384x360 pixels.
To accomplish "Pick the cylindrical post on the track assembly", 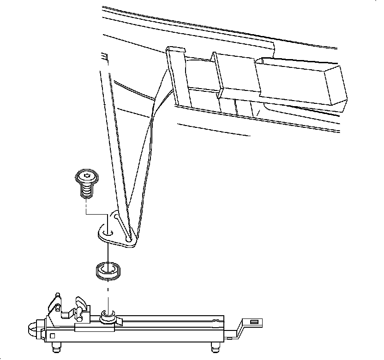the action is [x=107, y=315].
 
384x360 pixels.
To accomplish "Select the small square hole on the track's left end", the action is [x=52, y=336].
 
